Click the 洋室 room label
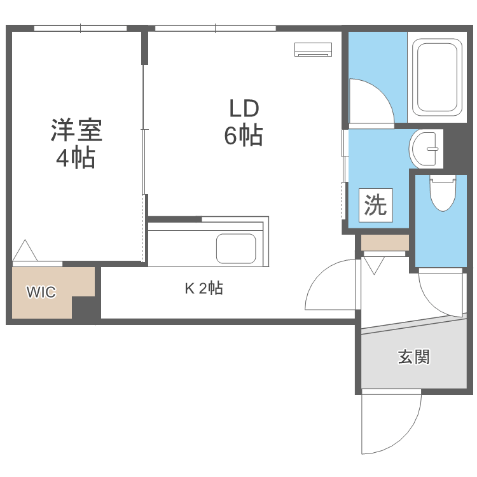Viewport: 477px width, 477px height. click(x=76, y=130)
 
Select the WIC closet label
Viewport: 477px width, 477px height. click(x=41, y=293)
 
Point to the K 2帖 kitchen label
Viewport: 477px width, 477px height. click(x=204, y=289)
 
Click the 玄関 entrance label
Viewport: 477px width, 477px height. click(x=413, y=357)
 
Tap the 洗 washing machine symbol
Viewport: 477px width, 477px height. click(x=375, y=205)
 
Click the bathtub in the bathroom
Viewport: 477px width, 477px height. click(x=438, y=76)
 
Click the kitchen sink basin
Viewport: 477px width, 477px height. click(x=236, y=248)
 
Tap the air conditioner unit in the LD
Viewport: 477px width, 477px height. click(x=314, y=49)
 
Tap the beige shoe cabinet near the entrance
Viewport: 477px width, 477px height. click(x=385, y=242)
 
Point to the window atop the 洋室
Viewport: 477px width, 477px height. click(x=80, y=28)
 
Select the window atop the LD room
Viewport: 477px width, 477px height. click(x=215, y=28)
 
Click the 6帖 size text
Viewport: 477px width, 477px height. click(x=244, y=135)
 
